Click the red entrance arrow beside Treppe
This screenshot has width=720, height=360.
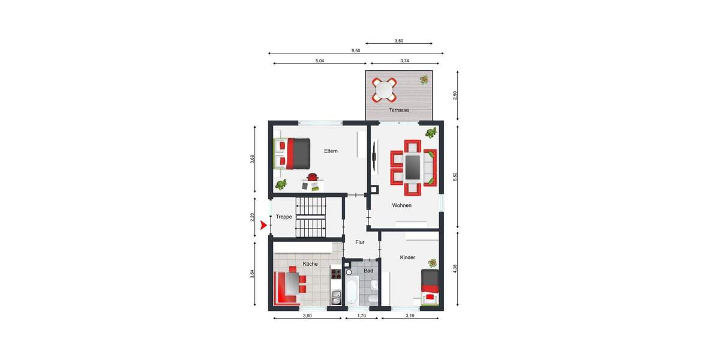pos(263,226)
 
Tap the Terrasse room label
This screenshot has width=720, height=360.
pos(399,110)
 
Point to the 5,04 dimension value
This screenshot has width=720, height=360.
pos(320,61)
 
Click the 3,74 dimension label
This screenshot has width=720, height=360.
pos(404,61)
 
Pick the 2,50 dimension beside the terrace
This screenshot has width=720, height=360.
pos(455,95)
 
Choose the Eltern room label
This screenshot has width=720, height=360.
pos(331,151)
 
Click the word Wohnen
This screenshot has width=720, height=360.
pos(402,205)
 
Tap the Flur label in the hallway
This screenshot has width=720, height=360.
pos(360,242)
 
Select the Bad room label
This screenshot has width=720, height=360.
pos(368,271)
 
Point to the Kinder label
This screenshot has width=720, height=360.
pos(408,257)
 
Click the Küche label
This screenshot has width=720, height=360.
pos(310,264)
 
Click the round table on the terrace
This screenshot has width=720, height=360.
pos(384,89)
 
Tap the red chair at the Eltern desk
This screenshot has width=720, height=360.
pos(312,176)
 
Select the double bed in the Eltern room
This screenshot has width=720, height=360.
pos(293,154)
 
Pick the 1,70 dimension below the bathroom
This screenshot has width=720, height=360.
pos(362,316)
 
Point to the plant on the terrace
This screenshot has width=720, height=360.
pos(425,80)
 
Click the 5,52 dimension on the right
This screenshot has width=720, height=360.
pos(455,176)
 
